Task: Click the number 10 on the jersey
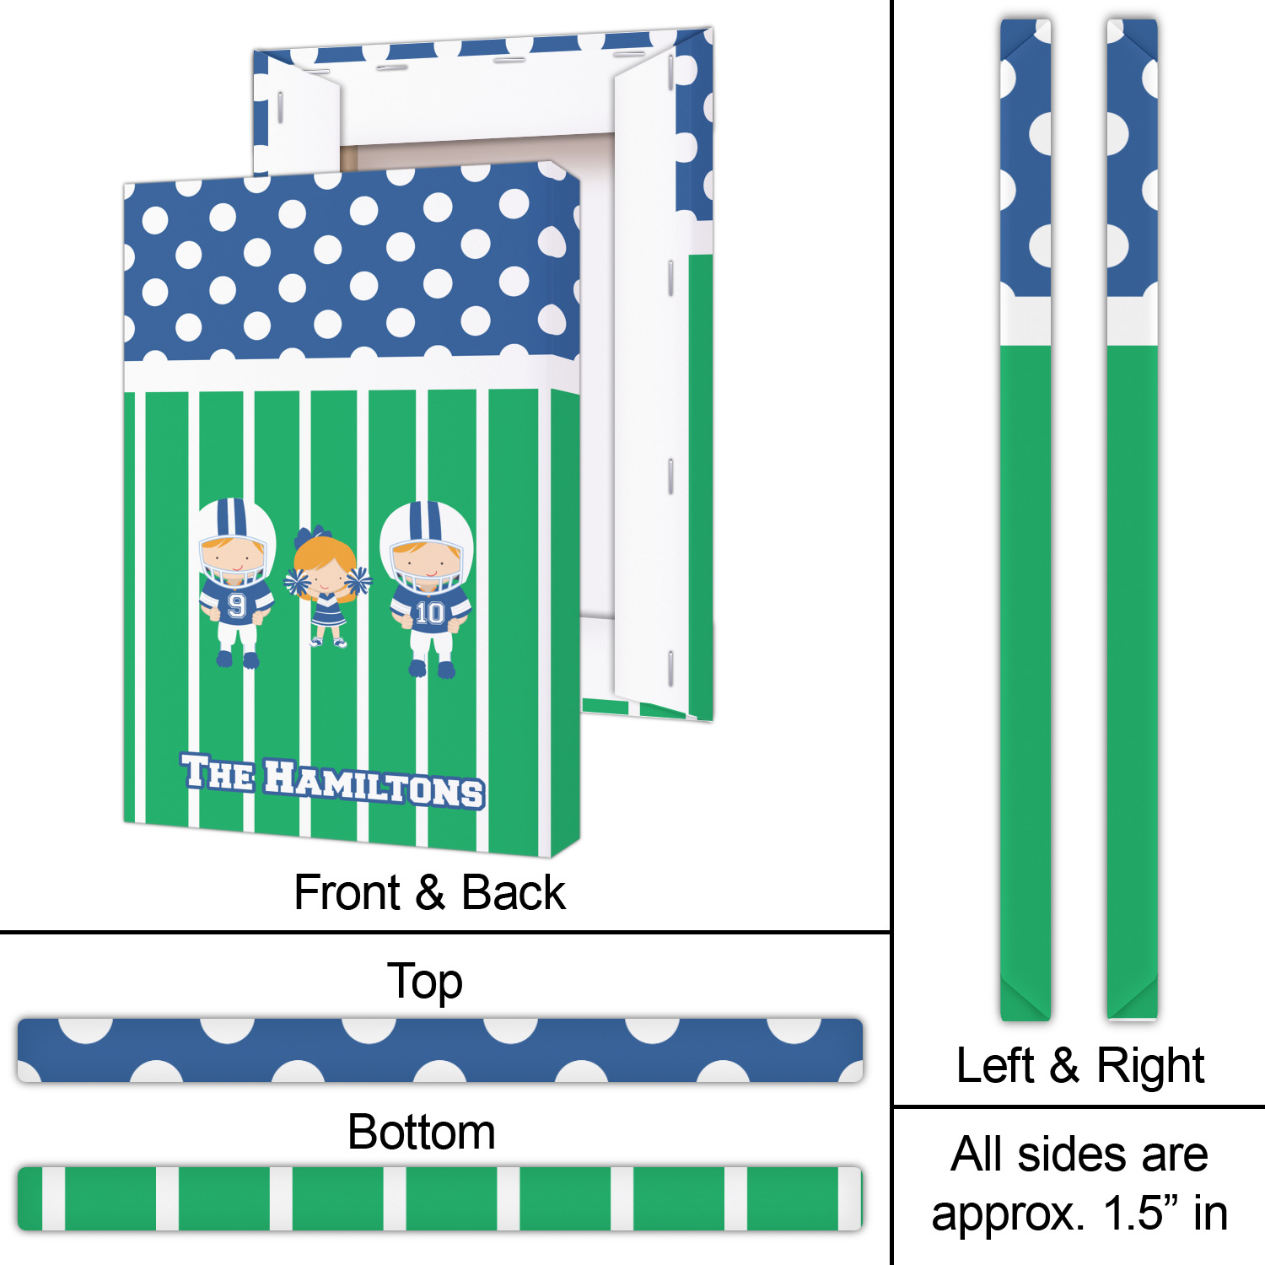429,612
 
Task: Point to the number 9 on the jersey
237,606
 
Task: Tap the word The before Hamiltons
217,772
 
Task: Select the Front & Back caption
429,892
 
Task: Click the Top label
424,982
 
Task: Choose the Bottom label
421,1132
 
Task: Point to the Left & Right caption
1079,1065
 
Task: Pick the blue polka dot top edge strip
439,1051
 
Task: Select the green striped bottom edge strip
439,1198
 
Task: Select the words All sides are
1079,1154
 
